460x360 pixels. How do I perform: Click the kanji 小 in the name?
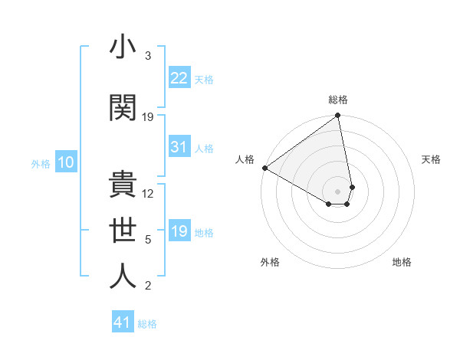(x=122, y=47)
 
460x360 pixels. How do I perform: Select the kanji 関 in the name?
(x=122, y=108)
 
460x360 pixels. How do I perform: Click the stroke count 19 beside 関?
(x=148, y=117)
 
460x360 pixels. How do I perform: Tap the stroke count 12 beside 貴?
(x=148, y=194)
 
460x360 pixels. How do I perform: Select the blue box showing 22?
(x=179, y=78)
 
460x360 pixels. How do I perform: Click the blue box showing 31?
(x=179, y=147)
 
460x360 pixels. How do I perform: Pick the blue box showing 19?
(x=179, y=231)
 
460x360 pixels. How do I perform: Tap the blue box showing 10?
(x=65, y=162)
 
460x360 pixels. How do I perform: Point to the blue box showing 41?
(x=123, y=322)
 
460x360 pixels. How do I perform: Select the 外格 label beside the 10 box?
(x=41, y=163)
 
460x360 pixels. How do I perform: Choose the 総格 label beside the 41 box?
(x=147, y=324)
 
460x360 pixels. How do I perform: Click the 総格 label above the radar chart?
(x=338, y=100)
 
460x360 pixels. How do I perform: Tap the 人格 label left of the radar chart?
(x=245, y=159)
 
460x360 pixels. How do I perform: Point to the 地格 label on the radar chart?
(x=402, y=263)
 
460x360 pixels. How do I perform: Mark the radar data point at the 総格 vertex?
(x=337, y=116)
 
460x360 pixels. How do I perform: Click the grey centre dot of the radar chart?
(x=337, y=191)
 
